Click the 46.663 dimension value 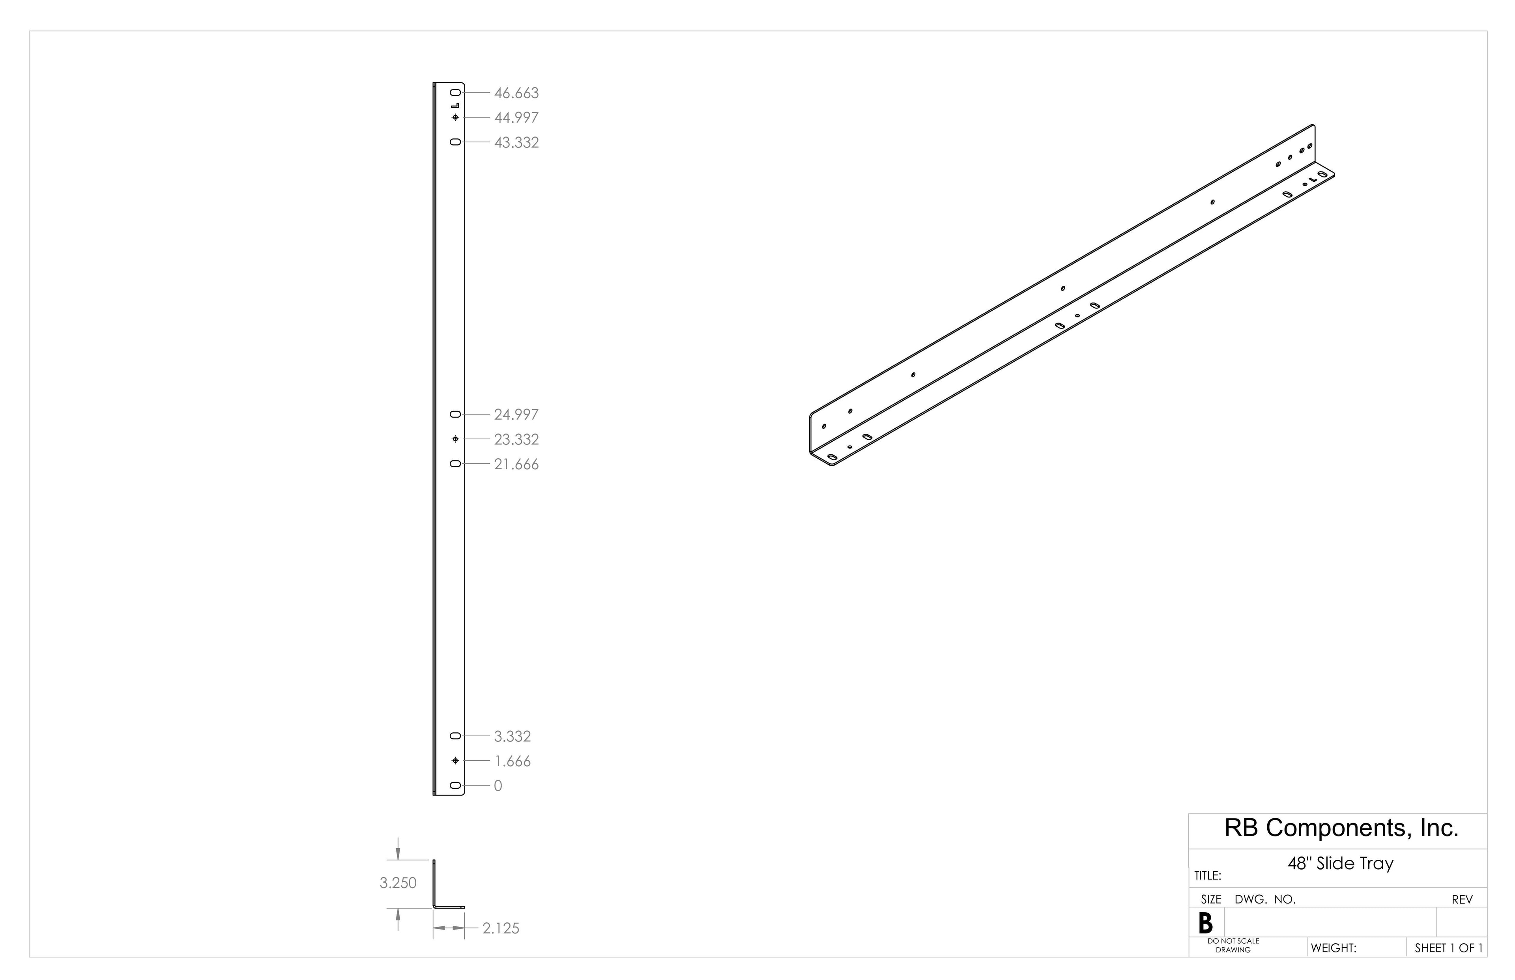coord(516,93)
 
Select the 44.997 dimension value coord(516,118)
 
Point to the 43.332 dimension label coord(516,142)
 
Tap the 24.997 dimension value coord(516,414)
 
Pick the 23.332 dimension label coord(516,439)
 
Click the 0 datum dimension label coord(498,786)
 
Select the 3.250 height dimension coord(398,883)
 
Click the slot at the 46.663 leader coord(455,93)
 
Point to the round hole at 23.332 coord(455,439)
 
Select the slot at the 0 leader coord(455,786)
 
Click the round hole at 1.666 coord(455,761)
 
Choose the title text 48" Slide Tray coord(1341,864)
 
